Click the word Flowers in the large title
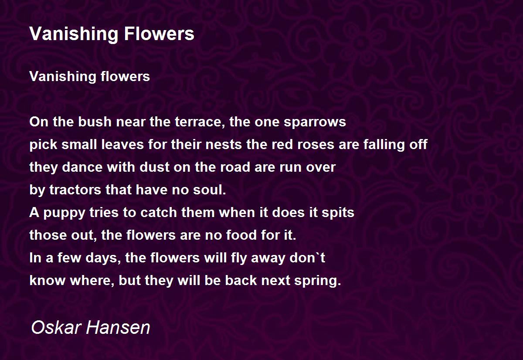click(159, 34)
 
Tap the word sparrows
click(315, 122)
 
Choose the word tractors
click(75, 190)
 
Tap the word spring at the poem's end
click(318, 280)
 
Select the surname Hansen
click(118, 327)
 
